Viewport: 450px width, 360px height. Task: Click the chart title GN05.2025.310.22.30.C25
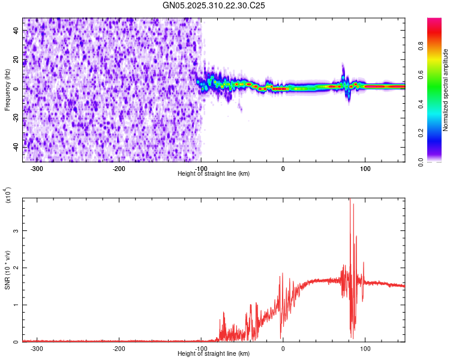coord(214,5)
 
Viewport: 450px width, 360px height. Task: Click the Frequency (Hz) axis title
coord(7,89)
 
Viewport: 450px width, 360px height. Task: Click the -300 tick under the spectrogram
coord(37,168)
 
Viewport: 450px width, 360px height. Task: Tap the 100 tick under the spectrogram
coord(365,168)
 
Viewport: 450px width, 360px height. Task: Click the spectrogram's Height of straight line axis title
coord(214,174)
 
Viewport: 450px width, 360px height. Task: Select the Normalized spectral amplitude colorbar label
coord(445,90)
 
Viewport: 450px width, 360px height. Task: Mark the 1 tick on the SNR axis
coord(17,305)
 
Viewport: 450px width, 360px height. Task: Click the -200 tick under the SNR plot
coord(119,348)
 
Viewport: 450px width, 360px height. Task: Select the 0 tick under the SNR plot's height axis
coord(283,348)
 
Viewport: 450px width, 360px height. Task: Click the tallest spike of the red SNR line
coord(350,200)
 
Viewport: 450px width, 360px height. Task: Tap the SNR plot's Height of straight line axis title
coord(214,354)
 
